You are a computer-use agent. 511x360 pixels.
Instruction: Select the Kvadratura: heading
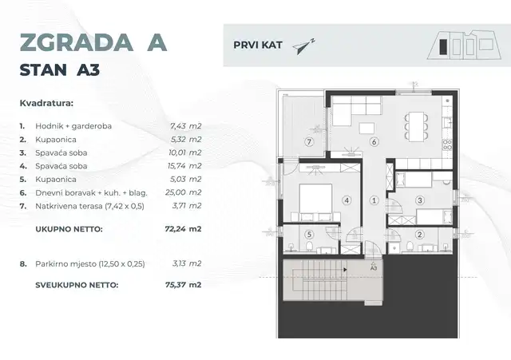[x=46, y=102]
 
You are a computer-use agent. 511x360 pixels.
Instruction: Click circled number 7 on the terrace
[x=308, y=141]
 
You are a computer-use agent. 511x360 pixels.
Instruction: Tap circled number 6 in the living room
[x=373, y=141]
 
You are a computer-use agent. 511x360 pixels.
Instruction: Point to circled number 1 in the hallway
[x=373, y=200]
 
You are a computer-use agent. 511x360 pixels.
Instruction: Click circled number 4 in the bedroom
[x=347, y=200]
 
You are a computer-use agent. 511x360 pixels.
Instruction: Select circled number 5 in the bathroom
[x=310, y=234]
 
